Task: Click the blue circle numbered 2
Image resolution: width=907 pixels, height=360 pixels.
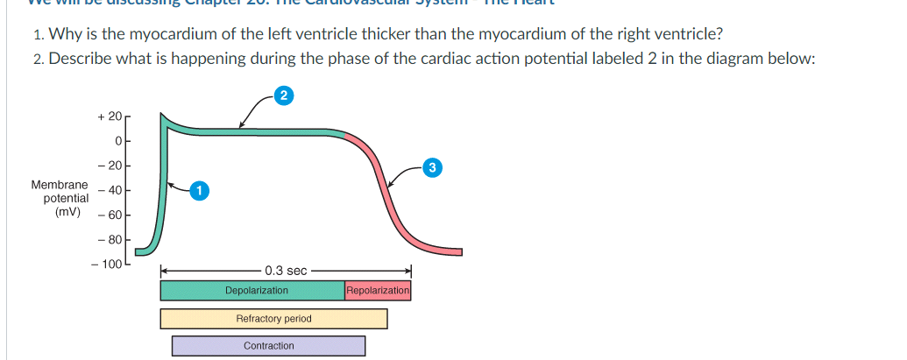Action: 282,95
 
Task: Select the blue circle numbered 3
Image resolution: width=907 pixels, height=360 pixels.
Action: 431,166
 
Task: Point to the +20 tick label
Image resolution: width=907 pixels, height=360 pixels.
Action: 110,116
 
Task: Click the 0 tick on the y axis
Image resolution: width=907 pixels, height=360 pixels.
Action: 117,140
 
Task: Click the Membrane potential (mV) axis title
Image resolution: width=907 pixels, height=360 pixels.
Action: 60,199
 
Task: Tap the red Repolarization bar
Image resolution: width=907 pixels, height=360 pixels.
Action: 378,290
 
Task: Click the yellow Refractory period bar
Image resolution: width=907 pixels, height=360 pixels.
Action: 273,318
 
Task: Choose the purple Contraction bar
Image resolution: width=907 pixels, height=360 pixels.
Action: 268,346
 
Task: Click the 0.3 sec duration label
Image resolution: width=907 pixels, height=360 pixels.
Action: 285,272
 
